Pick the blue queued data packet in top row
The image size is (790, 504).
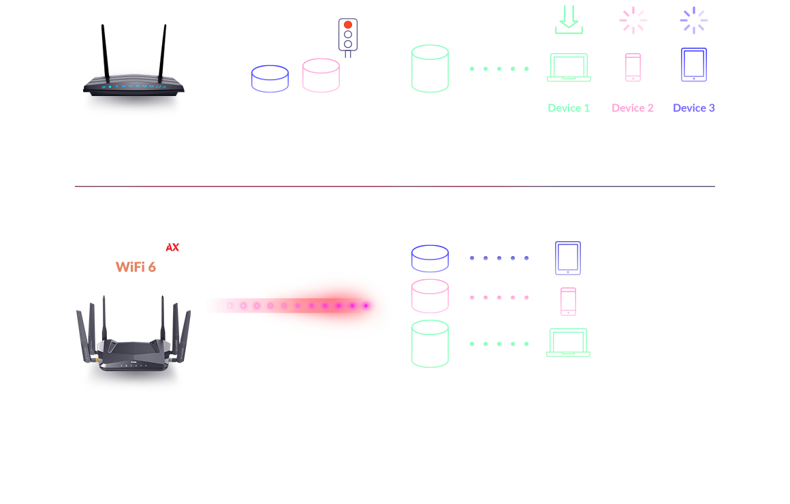[x=269, y=79]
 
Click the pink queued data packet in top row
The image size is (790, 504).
[x=320, y=75]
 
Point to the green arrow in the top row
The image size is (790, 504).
[x=498, y=69]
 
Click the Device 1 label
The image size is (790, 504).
[x=569, y=108]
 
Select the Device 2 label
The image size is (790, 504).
[x=633, y=108]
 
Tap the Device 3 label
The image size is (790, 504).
[x=693, y=108]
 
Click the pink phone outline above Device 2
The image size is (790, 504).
[x=633, y=67]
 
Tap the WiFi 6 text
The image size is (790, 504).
[x=136, y=267]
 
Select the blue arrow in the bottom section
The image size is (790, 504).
[x=498, y=258]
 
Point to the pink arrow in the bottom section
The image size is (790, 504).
[x=498, y=298]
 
